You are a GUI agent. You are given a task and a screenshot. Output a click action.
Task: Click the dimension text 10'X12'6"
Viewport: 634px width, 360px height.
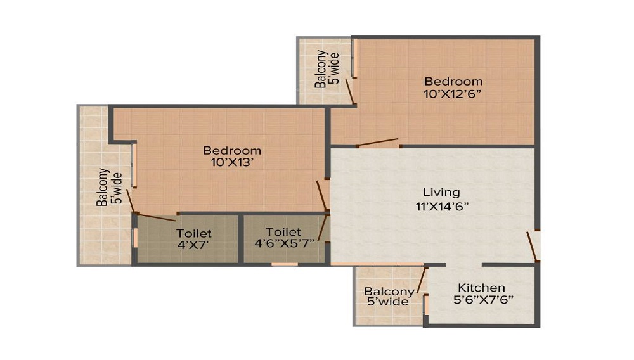coord(453,94)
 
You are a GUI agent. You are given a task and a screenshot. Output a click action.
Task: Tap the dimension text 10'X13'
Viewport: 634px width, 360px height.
coord(232,163)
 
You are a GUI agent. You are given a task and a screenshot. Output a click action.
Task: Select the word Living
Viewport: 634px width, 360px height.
coord(442,192)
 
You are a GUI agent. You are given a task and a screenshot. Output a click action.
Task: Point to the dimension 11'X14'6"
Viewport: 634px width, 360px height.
coord(442,205)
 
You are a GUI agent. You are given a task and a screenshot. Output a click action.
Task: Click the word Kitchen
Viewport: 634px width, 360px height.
coord(482,288)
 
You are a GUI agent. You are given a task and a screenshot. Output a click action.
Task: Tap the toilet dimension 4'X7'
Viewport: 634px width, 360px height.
coord(194,246)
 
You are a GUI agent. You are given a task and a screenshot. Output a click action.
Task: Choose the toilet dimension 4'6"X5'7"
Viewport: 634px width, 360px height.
coord(283,245)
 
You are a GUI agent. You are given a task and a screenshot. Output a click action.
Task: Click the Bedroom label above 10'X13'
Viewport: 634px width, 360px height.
coord(232,150)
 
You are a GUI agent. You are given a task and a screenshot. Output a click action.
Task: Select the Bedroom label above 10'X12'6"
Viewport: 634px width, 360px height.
coord(453,82)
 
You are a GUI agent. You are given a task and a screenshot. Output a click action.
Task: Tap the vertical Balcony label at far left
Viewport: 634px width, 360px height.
coord(102,188)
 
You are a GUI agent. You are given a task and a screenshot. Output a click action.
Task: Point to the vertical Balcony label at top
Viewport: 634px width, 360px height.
coord(322,68)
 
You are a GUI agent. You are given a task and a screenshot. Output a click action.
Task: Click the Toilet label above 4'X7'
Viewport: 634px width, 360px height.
coord(194,234)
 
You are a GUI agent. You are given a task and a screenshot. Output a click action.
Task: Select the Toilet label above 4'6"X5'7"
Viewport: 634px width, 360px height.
coord(283,232)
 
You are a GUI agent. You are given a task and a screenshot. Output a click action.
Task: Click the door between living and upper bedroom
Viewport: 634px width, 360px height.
coord(378,143)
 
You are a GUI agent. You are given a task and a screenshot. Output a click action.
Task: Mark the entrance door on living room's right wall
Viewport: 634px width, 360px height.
coord(533,246)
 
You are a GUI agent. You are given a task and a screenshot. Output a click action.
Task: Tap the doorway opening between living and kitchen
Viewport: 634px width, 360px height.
coord(463,264)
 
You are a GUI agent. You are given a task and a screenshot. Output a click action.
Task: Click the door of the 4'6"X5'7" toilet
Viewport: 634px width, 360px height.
coord(324,227)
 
